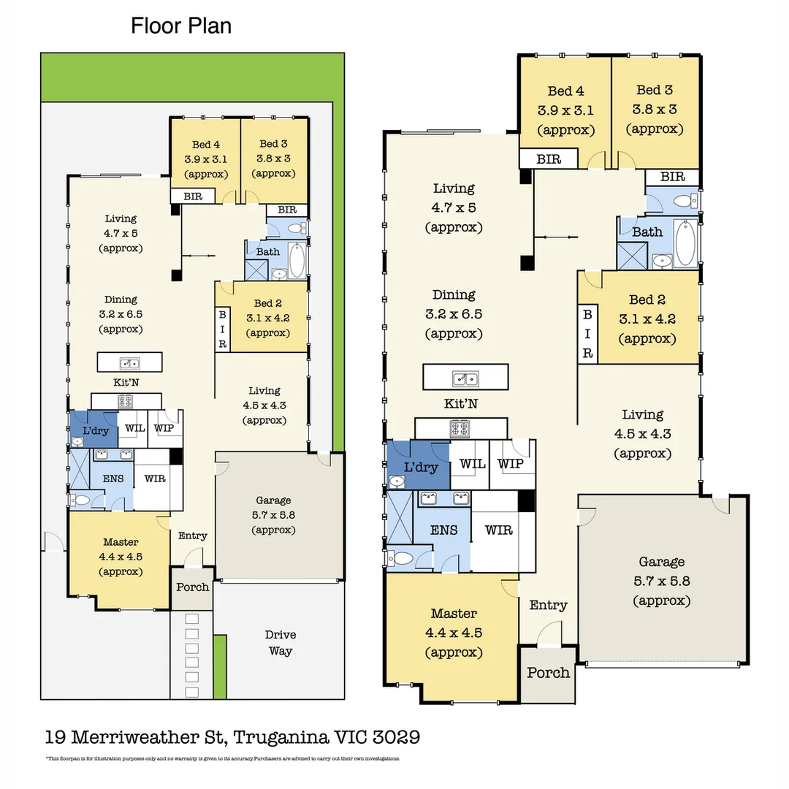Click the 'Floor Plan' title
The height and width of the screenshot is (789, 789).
[181, 26]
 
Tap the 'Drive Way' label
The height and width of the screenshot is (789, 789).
[281, 643]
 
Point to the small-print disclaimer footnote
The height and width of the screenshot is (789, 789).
[223, 758]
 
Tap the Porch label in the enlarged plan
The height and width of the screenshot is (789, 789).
[548, 673]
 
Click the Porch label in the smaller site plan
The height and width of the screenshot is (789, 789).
[193, 587]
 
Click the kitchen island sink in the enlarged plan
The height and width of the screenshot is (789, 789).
[465, 378]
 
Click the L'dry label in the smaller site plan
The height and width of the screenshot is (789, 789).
[93, 430]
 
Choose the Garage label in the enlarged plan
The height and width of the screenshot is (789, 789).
[661, 562]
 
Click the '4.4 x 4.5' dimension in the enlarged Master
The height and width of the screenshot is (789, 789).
[454, 633]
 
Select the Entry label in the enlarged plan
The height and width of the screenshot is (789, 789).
[548, 605]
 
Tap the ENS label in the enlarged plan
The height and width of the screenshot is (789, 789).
[443, 530]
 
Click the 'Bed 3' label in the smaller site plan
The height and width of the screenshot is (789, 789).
[274, 144]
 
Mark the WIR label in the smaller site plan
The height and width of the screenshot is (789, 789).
[155, 479]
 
